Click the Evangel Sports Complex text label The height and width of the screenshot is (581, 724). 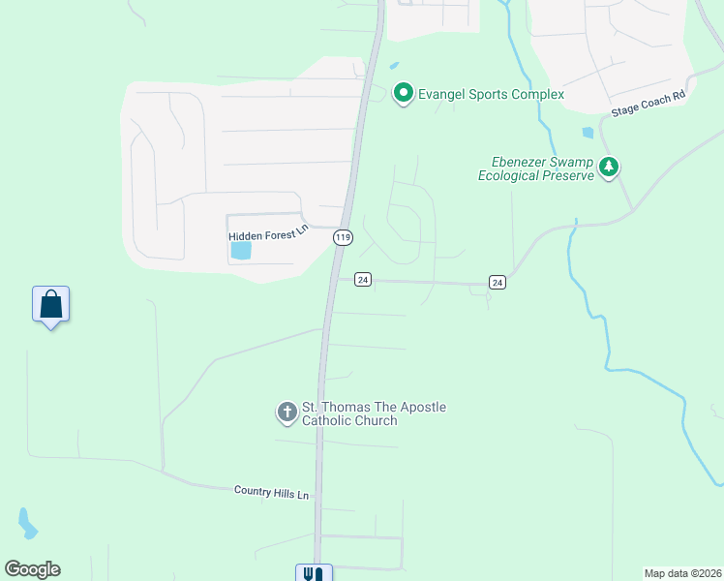point(491,94)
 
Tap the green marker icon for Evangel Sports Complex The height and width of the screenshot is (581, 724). point(403,93)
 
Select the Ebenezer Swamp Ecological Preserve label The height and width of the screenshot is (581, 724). point(535,168)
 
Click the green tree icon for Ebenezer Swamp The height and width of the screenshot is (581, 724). point(608,168)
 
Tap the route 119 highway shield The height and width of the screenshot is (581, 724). point(342,237)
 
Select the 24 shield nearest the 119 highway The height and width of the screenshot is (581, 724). point(362,279)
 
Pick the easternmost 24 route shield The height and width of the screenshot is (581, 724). point(498,282)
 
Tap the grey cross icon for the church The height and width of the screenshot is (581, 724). point(287,413)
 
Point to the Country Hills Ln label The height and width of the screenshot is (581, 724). point(271,493)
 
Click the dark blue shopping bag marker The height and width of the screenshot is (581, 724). point(50,305)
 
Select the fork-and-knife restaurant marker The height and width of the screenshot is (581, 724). point(314,573)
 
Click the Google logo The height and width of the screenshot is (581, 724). point(33,569)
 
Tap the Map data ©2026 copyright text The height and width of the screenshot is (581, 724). point(682,573)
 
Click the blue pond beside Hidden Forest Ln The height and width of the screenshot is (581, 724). point(240,251)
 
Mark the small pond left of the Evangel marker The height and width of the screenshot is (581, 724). point(393,66)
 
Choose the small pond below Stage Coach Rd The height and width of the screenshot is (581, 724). point(588,133)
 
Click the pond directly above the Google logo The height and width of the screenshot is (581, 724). point(26,524)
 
